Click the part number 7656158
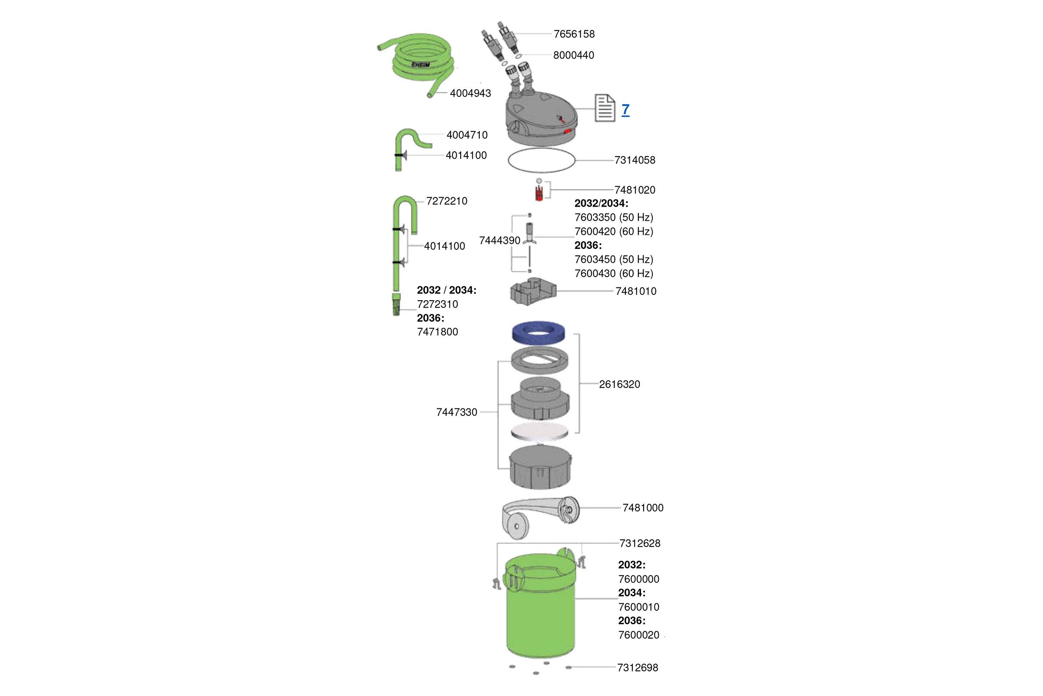pos(574,34)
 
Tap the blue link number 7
pos(625,109)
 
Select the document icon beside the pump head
pos(605,108)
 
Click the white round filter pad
pos(539,432)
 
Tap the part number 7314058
pos(634,160)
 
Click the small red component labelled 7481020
pos(539,194)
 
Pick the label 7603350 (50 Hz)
pos(614,217)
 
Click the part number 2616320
pos(620,385)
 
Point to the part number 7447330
pos(457,412)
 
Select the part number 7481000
pos(643,508)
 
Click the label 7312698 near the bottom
pos(637,668)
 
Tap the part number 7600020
pos(638,635)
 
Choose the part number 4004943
pos(471,94)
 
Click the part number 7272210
pos(447,201)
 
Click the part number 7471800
pos(437,332)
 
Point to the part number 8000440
pos(573,56)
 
